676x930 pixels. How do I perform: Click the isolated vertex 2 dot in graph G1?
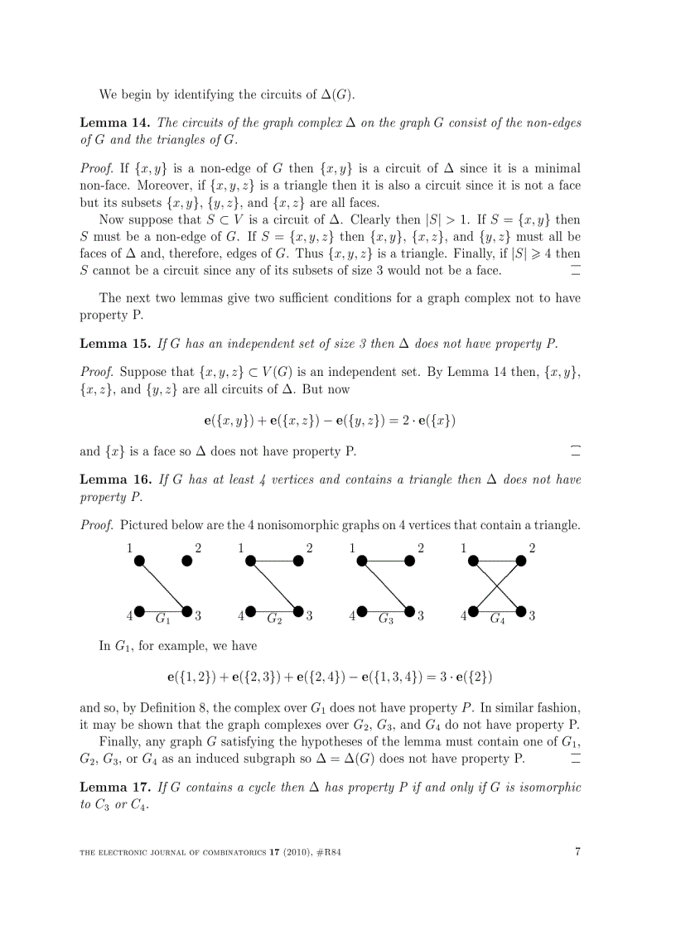tap(187, 561)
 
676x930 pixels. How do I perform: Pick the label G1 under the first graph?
tap(163, 618)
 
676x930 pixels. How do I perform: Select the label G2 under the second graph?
tap(274, 618)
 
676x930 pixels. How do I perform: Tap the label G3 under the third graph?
tap(385, 618)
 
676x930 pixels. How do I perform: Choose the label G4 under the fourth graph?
tap(497, 618)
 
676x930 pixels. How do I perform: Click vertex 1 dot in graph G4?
tap(473, 561)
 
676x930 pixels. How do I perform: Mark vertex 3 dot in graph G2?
tap(298, 612)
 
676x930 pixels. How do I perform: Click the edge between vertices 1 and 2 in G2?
tap(274, 561)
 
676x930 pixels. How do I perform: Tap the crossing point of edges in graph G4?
tap(497, 586)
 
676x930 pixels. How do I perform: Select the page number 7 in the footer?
tap(577, 852)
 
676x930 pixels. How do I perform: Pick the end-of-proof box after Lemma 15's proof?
tap(575, 451)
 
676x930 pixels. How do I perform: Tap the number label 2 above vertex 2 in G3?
tap(421, 547)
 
